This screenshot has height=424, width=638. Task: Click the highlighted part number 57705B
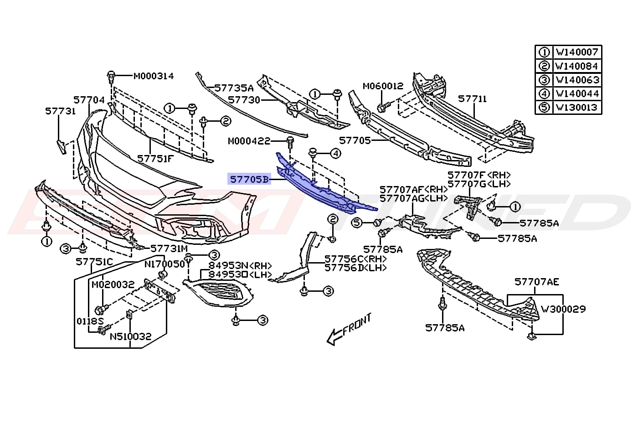pos(249,179)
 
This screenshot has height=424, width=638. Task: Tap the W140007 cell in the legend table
pos(577,52)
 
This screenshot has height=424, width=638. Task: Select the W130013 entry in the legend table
pos(577,108)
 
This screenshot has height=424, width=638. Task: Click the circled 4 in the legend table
pos(544,94)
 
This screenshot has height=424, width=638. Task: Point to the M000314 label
pos(154,76)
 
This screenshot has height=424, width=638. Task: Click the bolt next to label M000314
pos(111,78)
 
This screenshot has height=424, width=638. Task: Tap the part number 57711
pos(472,99)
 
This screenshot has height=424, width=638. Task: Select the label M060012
pos(383,86)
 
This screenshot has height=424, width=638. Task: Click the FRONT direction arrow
pos(349,330)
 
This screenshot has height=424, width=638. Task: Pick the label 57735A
pos(234,88)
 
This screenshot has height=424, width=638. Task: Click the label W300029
pos(563,309)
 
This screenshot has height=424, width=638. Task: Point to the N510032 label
pos(130,337)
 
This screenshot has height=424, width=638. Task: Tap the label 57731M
pos(169,248)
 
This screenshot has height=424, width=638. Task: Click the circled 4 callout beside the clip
pos(336,154)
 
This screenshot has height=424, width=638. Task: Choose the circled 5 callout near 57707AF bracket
pos(357,222)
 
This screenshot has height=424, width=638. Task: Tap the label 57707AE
pos(537,282)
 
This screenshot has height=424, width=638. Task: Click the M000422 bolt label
pos(249,141)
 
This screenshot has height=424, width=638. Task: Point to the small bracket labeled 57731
pos(61,146)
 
